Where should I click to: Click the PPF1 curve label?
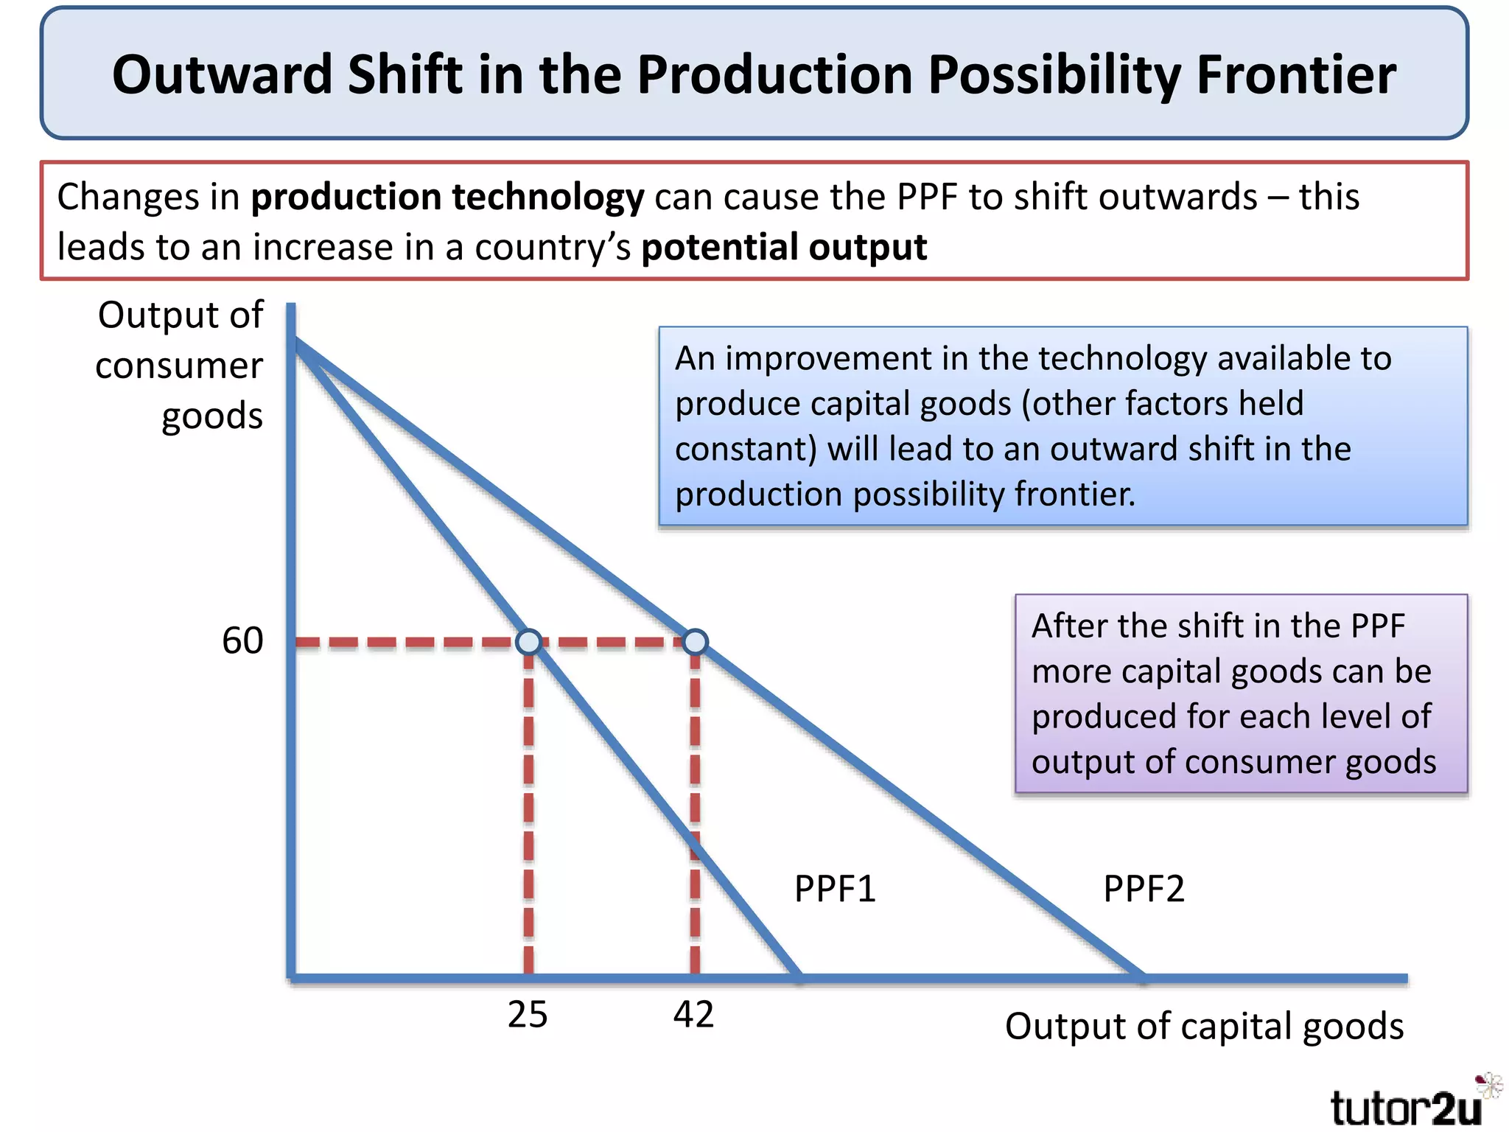pos(834,889)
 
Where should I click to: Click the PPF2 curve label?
pos(1143,889)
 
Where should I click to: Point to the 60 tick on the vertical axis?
pos(242,640)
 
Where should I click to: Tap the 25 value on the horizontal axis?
pos(528,1015)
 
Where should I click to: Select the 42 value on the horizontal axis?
pos(693,1015)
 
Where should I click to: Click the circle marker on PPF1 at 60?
pos(529,642)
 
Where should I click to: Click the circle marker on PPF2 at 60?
pos(695,642)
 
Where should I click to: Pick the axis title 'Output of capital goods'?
pos(1204,1026)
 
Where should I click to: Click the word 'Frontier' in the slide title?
pos(1295,74)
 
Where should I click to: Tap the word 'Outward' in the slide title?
pos(222,74)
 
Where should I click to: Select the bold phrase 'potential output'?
pos(784,247)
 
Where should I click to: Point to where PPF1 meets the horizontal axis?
pos(799,978)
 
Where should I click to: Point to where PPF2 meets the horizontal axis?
pos(1142,978)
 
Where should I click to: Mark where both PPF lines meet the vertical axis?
pos(295,340)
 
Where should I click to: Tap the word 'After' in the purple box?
pos(1068,626)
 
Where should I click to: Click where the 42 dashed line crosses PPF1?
pos(695,847)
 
